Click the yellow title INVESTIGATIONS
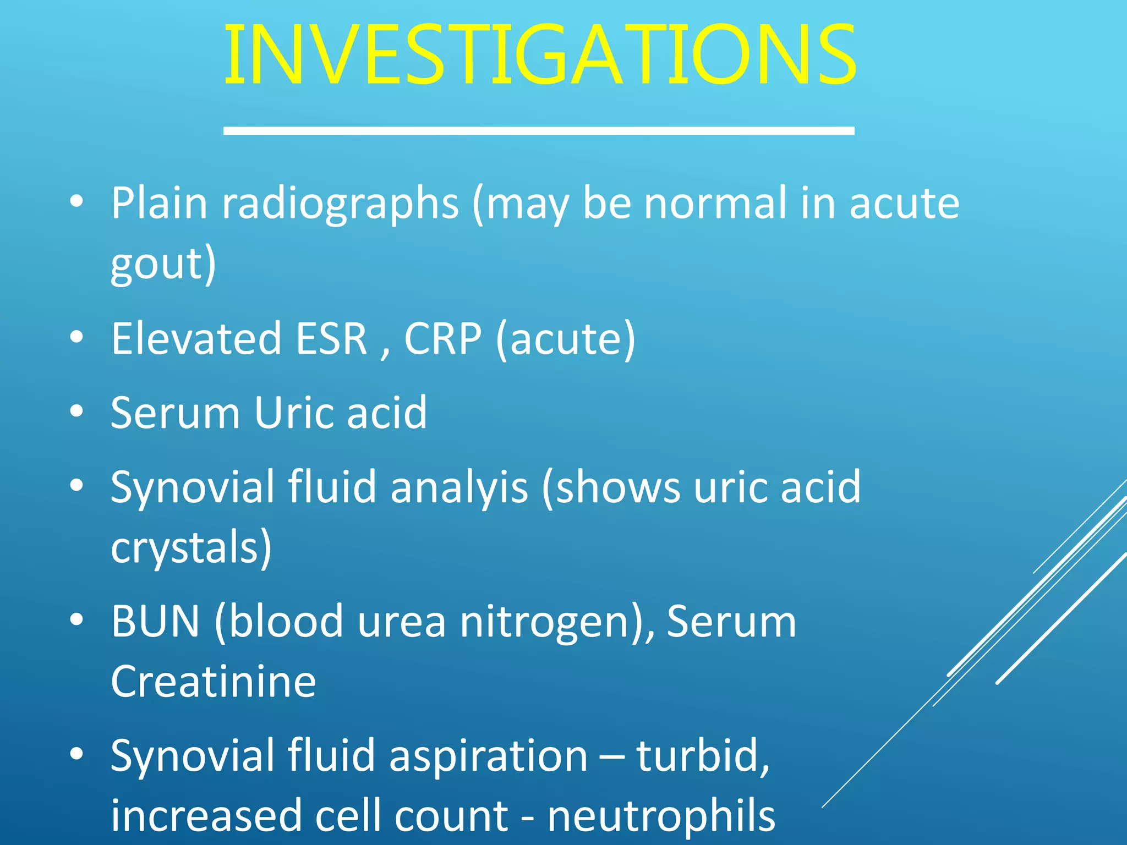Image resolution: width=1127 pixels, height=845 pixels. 539,55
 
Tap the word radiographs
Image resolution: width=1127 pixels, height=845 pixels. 340,204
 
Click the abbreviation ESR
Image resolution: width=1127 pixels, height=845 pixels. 331,338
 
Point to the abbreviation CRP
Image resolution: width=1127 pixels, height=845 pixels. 442,338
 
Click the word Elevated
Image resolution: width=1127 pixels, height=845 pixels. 196,338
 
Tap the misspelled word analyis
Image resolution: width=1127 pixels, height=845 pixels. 459,487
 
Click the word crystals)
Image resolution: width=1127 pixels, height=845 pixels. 191,547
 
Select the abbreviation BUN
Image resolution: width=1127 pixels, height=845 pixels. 155,622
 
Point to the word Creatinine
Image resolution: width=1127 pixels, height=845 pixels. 213,682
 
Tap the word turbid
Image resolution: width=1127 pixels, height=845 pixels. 702,756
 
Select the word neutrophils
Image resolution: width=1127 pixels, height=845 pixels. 661,816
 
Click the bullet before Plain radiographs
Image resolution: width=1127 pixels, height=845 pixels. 76,202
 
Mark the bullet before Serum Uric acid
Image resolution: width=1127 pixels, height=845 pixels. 76,411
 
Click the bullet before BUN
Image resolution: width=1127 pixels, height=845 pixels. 76,620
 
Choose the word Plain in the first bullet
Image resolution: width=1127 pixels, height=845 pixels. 159,204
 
